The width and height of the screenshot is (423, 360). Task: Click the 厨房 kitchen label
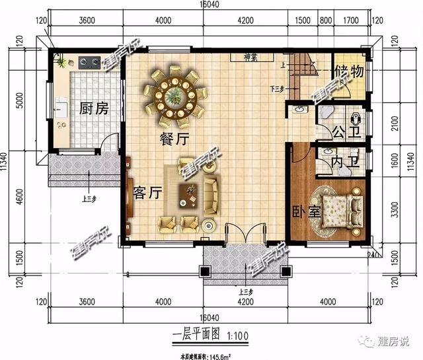click(93, 108)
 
